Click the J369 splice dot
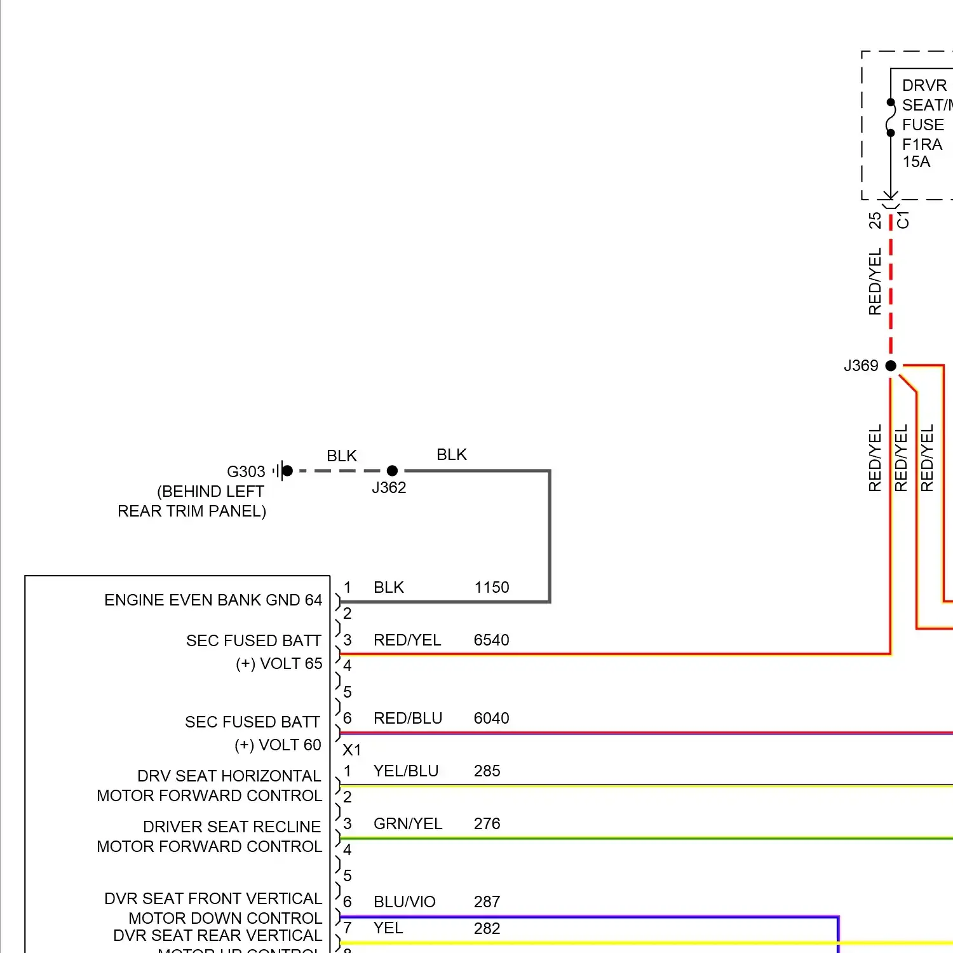coord(891,365)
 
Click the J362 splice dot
coord(392,471)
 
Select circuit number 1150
coord(492,588)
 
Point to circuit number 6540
coord(492,640)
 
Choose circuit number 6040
coord(492,719)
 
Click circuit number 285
coord(487,771)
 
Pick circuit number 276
coord(487,824)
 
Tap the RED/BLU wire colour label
coord(408,719)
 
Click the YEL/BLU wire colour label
coord(406,771)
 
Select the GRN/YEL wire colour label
coord(408,824)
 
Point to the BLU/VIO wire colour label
coord(405,902)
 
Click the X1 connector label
coord(352,750)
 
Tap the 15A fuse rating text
coord(916,162)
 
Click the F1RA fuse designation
coord(922,145)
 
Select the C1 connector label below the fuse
coord(903,220)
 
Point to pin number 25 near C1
coord(875,220)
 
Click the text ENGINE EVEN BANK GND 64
coord(213,600)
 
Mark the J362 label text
coord(389,488)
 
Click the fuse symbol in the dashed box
coord(891,118)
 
